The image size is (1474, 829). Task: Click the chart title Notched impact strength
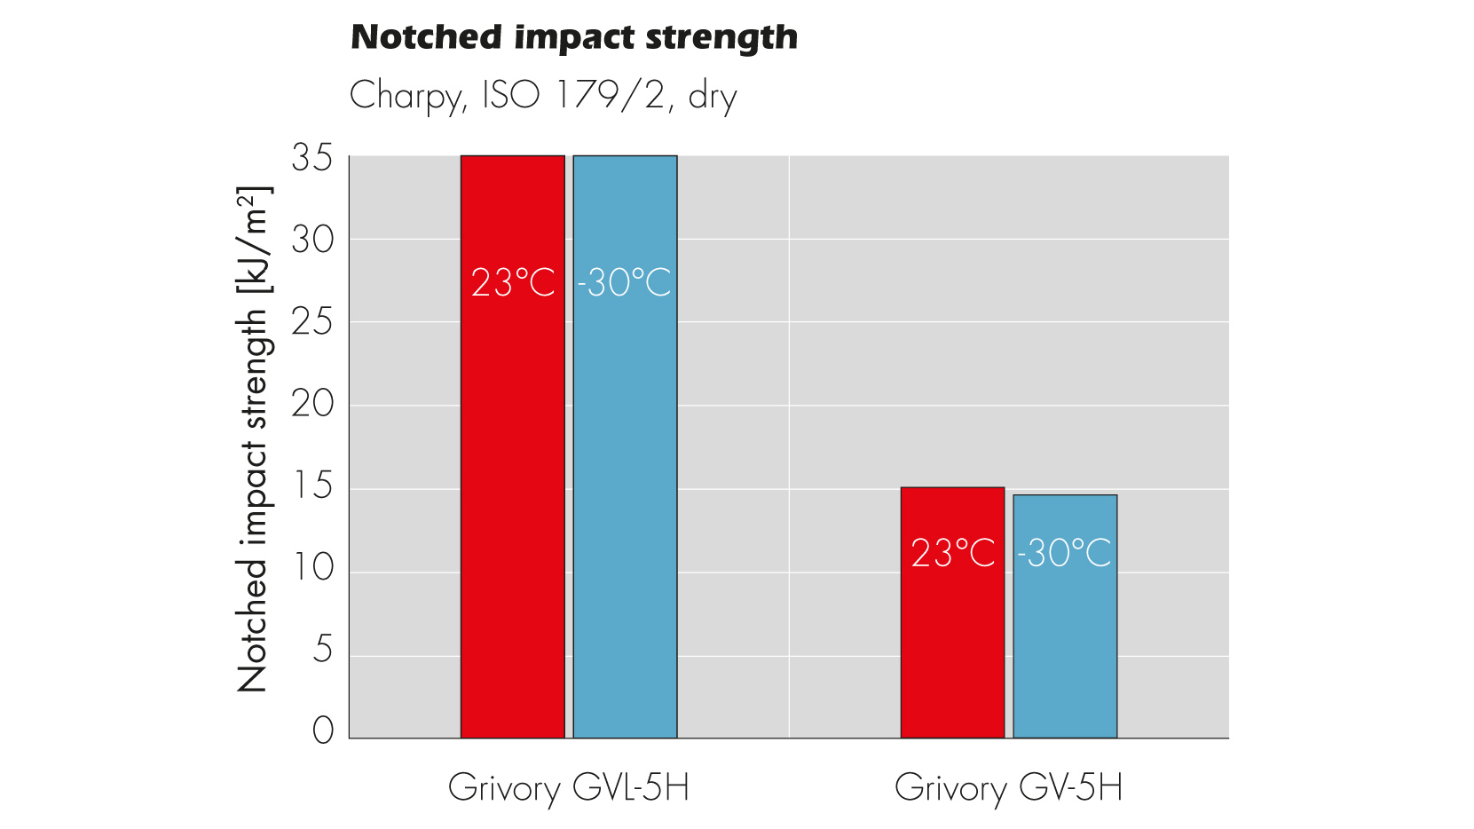pyautogui.click(x=574, y=37)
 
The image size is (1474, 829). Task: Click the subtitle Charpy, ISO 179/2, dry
pyautogui.click(x=543, y=95)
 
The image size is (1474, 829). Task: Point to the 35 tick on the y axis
pyautogui.click(x=312, y=158)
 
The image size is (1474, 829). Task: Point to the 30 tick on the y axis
pyautogui.click(x=312, y=240)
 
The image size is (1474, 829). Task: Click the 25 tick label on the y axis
pyautogui.click(x=312, y=322)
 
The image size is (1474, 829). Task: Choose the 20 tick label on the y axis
pyautogui.click(x=312, y=405)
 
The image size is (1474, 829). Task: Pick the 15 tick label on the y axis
pyautogui.click(x=312, y=486)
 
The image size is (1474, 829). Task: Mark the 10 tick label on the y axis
pyautogui.click(x=312, y=568)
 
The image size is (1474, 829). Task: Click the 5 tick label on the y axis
pyautogui.click(x=323, y=651)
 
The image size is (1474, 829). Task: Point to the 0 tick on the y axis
pyautogui.click(x=323, y=731)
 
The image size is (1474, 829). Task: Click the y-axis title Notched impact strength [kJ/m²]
pyautogui.click(x=253, y=439)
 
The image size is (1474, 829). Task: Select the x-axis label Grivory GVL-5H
pyautogui.click(x=569, y=788)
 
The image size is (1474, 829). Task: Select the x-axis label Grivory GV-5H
pyautogui.click(x=1008, y=788)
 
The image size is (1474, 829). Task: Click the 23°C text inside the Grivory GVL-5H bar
pyautogui.click(x=512, y=283)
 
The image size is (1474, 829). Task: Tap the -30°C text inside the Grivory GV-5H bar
pyautogui.click(x=1064, y=553)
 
